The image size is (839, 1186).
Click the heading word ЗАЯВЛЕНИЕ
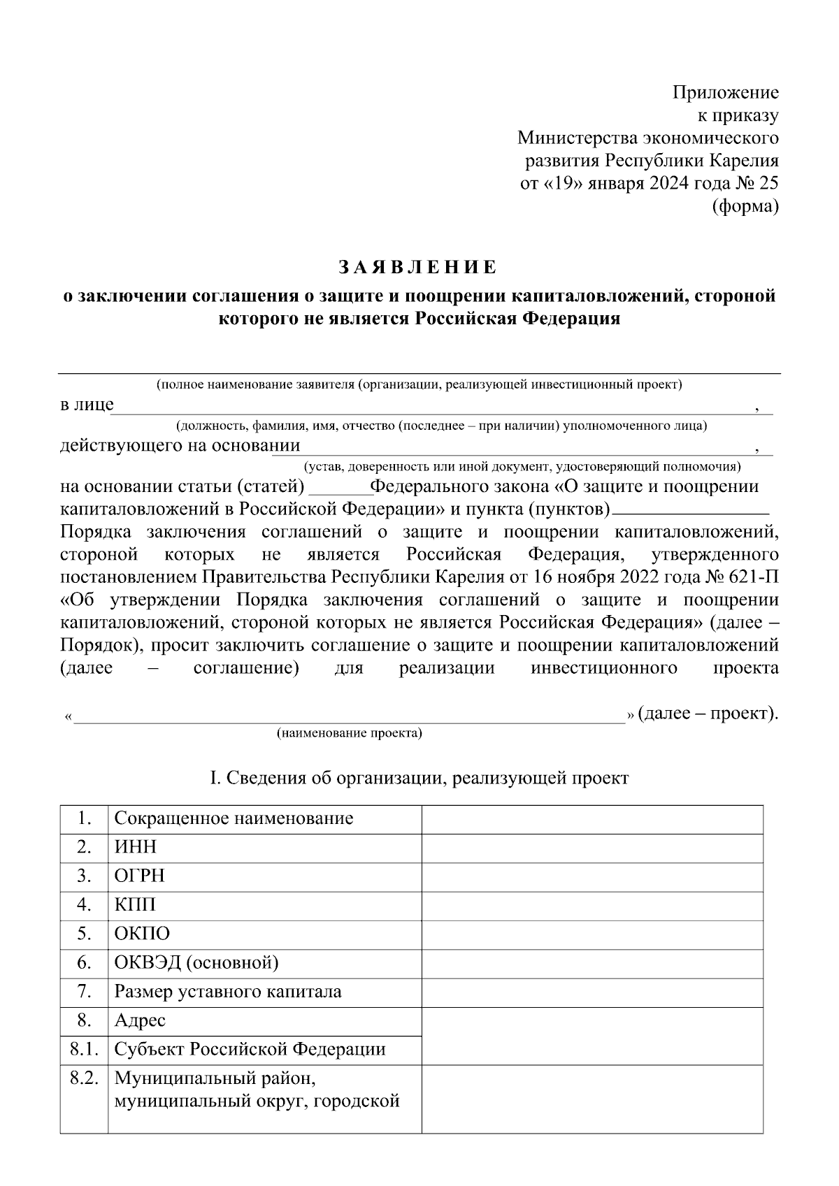418,268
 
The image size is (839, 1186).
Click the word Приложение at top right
725,92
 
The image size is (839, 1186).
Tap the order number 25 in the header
767,184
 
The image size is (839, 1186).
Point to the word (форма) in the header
745,207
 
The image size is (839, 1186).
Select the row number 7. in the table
84,992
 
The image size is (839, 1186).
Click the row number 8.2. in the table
84,1078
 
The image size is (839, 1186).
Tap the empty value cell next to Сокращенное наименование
591,818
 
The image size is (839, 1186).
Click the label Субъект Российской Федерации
250,1050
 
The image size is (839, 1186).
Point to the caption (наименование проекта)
350,733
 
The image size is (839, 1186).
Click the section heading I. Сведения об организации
419,778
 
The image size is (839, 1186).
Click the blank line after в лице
433,407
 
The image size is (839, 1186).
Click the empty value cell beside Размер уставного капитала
591,992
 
